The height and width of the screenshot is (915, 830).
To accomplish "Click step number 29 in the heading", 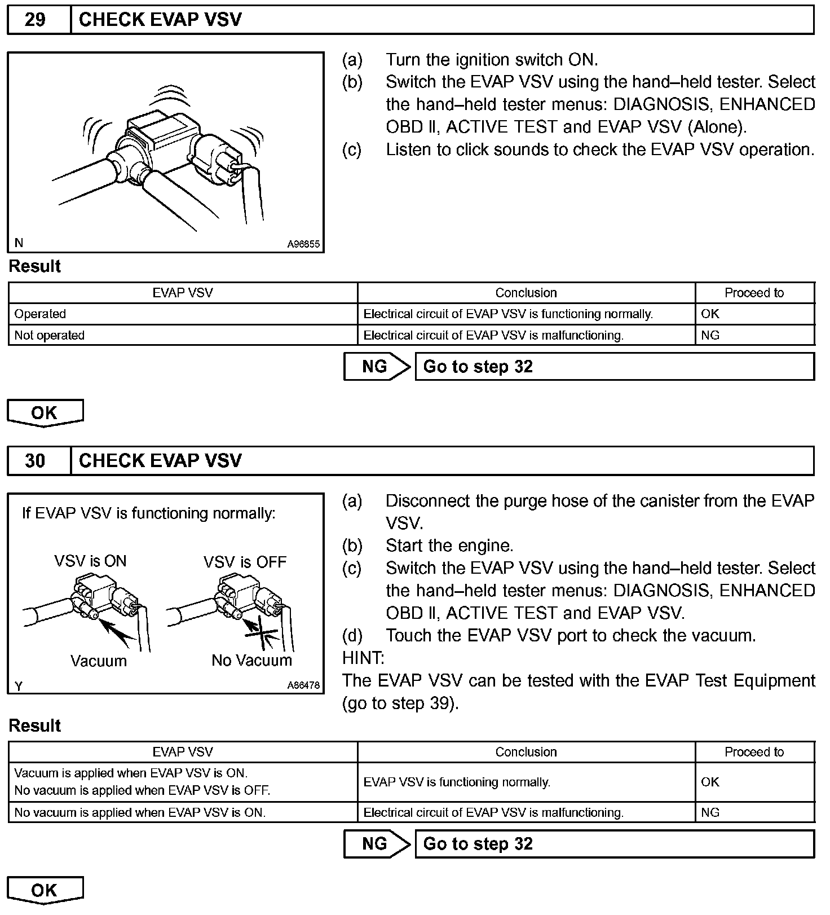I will pyautogui.click(x=35, y=20).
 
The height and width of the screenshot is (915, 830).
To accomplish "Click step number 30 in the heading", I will pyautogui.click(x=35, y=461).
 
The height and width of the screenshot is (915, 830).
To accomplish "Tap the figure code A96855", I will pyautogui.click(x=303, y=244).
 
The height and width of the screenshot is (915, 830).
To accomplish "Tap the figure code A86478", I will pyautogui.click(x=303, y=685).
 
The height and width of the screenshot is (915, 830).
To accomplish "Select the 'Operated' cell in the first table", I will pyautogui.click(x=40, y=314).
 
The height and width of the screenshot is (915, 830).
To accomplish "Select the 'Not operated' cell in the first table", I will pyautogui.click(x=49, y=336).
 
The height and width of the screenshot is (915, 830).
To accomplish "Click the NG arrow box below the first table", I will pyautogui.click(x=377, y=367).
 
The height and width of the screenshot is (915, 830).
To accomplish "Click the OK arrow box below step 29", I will pyautogui.click(x=45, y=413).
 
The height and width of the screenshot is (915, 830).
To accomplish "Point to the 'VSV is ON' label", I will pyautogui.click(x=90, y=561).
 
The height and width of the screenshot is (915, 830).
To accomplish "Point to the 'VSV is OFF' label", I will pyautogui.click(x=245, y=562).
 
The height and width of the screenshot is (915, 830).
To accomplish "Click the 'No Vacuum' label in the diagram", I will pyautogui.click(x=251, y=661).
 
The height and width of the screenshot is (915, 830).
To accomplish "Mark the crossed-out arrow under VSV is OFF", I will pyautogui.click(x=261, y=632).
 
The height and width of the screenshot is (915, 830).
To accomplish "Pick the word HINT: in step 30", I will pyautogui.click(x=363, y=658).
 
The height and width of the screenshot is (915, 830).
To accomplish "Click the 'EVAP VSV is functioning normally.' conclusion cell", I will pyautogui.click(x=457, y=782).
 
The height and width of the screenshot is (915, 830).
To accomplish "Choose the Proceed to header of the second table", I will pyautogui.click(x=754, y=752).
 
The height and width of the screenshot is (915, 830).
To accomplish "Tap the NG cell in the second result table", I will pyautogui.click(x=710, y=813).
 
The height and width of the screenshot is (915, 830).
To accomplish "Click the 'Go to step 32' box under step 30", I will pyautogui.click(x=614, y=844).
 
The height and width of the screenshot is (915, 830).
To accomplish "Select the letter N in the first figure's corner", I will pyautogui.click(x=19, y=243).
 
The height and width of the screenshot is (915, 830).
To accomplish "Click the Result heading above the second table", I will pyautogui.click(x=35, y=726).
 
